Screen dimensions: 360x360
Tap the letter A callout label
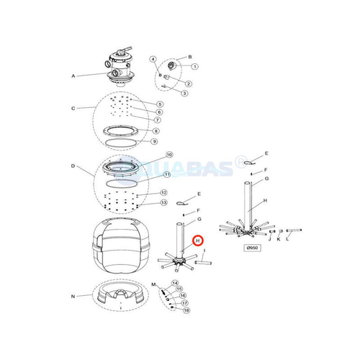coord(73,75)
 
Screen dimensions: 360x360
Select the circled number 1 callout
coord(194,67)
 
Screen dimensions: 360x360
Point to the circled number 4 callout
coord(153,58)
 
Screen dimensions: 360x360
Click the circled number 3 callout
coord(185,93)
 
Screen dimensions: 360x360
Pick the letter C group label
coord(73,109)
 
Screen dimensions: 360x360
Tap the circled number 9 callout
coord(153,142)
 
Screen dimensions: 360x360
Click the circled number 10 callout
coord(169,155)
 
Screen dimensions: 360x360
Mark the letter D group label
coord(73,166)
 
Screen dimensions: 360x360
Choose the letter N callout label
coord(73,296)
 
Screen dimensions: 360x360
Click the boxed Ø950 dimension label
coord(253,248)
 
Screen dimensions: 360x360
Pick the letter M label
coord(152,285)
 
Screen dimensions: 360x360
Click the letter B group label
coord(189,56)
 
